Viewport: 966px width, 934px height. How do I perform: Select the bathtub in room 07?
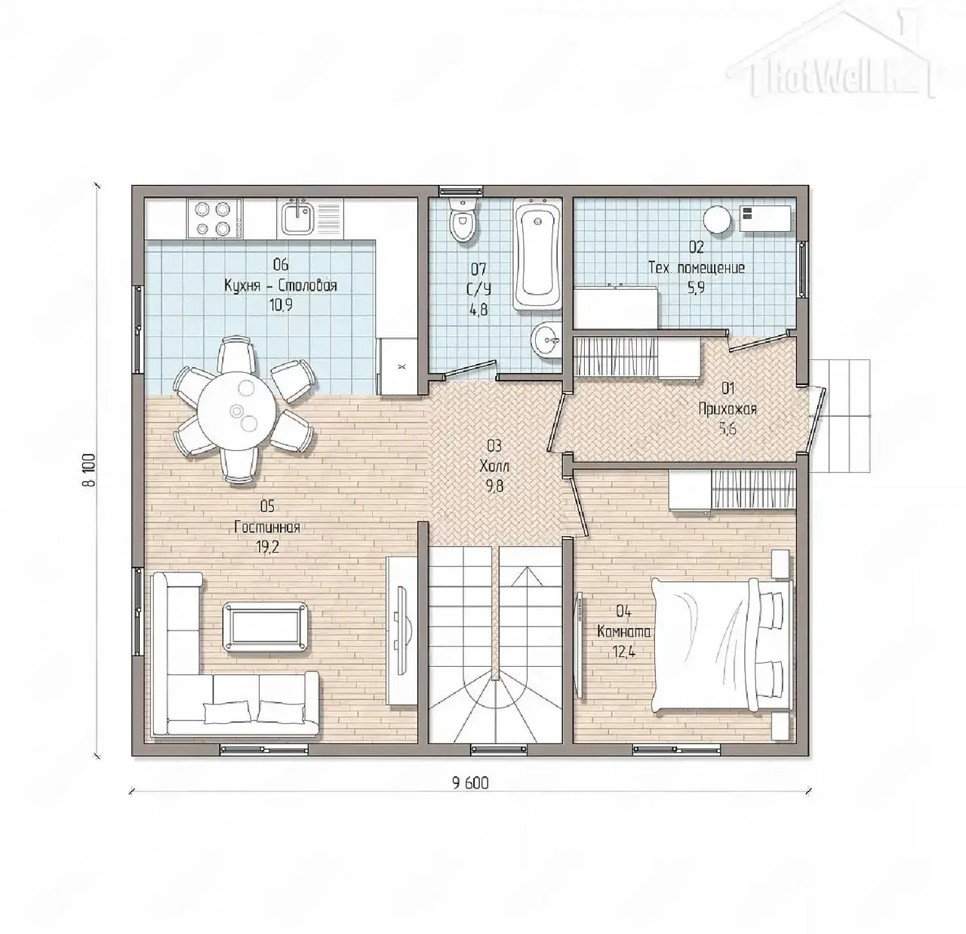(537, 254)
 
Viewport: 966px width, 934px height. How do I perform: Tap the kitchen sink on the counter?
(297, 217)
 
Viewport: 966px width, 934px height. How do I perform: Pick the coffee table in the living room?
(265, 626)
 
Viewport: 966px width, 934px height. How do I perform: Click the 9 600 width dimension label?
(471, 783)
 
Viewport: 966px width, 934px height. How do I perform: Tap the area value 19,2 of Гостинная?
(266, 547)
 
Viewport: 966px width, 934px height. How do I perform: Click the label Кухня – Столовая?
(281, 285)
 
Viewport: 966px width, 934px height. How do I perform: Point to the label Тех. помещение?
(697, 267)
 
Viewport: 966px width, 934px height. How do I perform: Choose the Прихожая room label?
(728, 409)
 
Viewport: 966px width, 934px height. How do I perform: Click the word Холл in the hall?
(494, 466)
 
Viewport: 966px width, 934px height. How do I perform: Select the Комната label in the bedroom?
(624, 632)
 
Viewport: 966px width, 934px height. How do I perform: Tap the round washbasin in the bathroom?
(546, 340)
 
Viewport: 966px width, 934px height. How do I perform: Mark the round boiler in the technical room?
(717, 219)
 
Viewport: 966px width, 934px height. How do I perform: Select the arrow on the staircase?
(531, 578)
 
